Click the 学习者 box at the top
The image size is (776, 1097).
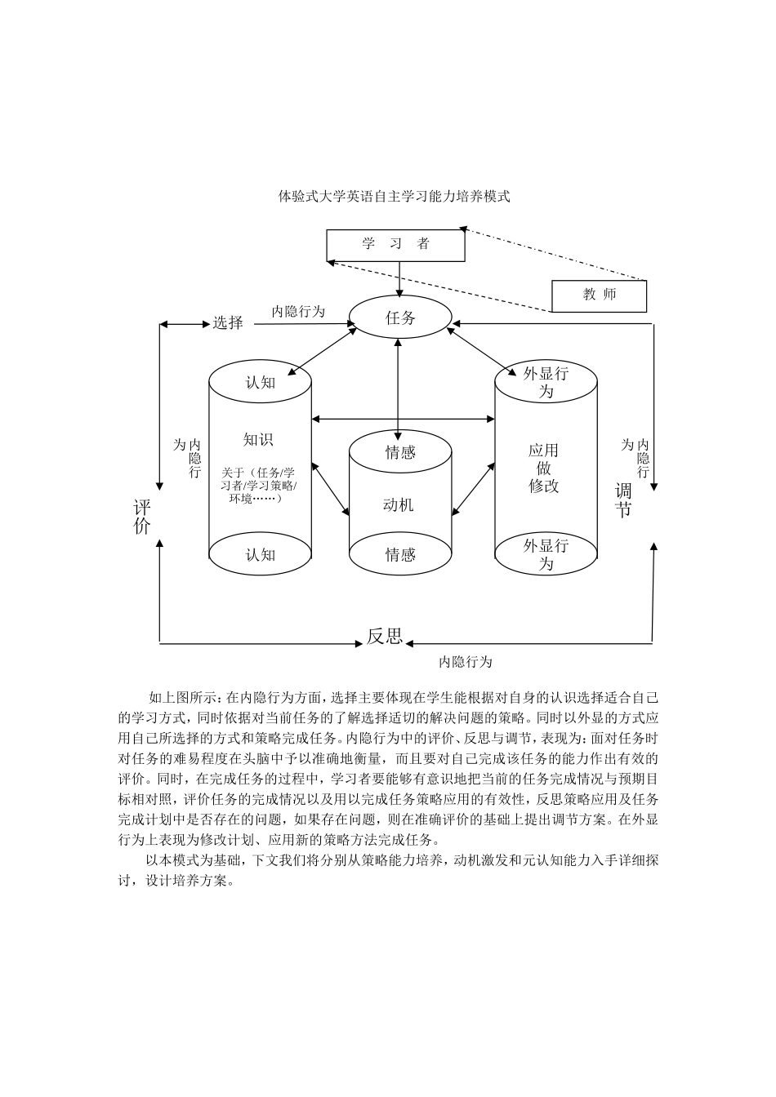(x=395, y=245)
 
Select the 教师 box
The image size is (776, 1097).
(x=599, y=295)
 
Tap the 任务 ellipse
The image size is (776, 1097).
(x=400, y=318)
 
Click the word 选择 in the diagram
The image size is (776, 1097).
(x=228, y=322)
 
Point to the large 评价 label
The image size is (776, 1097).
(x=142, y=517)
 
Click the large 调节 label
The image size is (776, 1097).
(x=623, y=501)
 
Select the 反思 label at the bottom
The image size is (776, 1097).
(x=384, y=637)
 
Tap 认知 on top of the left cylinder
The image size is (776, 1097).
(x=261, y=382)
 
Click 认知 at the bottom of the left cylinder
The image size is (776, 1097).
(x=261, y=555)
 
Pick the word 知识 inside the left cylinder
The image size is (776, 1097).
(x=258, y=440)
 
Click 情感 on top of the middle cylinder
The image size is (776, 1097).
(x=400, y=452)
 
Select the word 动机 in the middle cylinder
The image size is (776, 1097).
(x=399, y=505)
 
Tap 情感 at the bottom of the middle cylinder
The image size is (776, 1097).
(x=400, y=555)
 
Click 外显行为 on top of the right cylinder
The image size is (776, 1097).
(x=546, y=382)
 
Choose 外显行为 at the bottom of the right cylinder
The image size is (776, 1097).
(x=546, y=554)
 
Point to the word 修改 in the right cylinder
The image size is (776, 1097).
(x=544, y=486)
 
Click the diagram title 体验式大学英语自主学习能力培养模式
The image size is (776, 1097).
(x=395, y=197)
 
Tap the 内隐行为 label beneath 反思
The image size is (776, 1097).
(x=466, y=662)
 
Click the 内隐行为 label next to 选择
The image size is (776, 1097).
(x=298, y=311)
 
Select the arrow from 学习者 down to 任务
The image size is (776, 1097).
(x=399, y=279)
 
